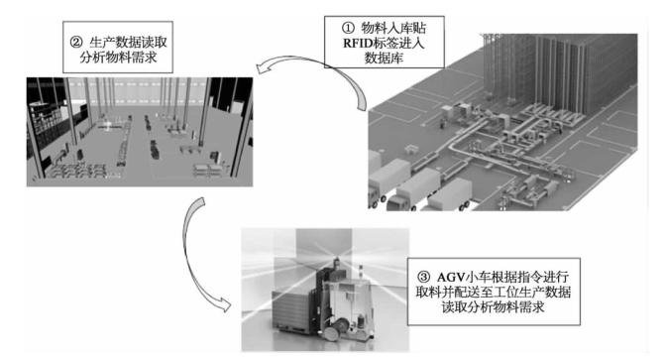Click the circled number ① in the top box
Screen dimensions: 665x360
(x=347, y=28)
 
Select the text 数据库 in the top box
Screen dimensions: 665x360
(x=384, y=59)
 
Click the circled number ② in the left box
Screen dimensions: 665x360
(x=76, y=43)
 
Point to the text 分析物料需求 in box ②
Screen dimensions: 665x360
(x=118, y=58)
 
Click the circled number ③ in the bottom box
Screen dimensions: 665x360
(x=423, y=278)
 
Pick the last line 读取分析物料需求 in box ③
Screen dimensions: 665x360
(x=493, y=306)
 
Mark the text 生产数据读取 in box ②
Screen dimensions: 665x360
(x=129, y=43)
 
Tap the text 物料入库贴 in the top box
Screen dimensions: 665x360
(x=393, y=28)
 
